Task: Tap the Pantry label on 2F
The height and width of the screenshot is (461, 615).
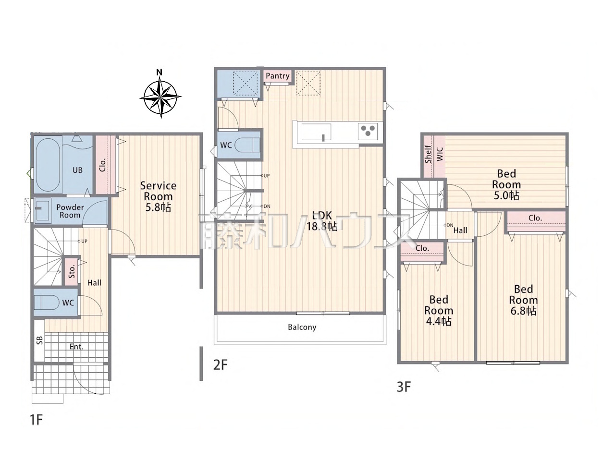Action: (x=277, y=76)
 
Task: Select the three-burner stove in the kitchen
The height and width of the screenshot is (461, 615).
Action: (x=368, y=131)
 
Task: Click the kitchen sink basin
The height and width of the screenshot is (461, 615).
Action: (x=316, y=133)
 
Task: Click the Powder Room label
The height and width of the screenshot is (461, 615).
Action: (x=70, y=211)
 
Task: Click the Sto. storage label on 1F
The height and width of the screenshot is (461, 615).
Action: (x=72, y=271)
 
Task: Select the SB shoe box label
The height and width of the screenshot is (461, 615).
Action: (x=40, y=340)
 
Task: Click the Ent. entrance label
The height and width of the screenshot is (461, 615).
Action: (x=76, y=347)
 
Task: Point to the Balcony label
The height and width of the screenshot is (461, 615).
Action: (x=302, y=327)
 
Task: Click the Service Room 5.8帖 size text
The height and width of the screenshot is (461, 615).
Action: (x=158, y=207)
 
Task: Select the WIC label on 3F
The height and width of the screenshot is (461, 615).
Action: (x=440, y=154)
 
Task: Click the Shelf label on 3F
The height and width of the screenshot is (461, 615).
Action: (x=428, y=154)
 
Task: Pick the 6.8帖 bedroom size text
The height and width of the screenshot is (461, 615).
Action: (x=523, y=311)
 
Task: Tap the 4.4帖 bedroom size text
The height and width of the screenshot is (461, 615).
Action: (x=439, y=321)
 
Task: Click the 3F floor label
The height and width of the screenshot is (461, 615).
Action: (x=404, y=387)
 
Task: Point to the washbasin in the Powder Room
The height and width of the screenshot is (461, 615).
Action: (x=43, y=209)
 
